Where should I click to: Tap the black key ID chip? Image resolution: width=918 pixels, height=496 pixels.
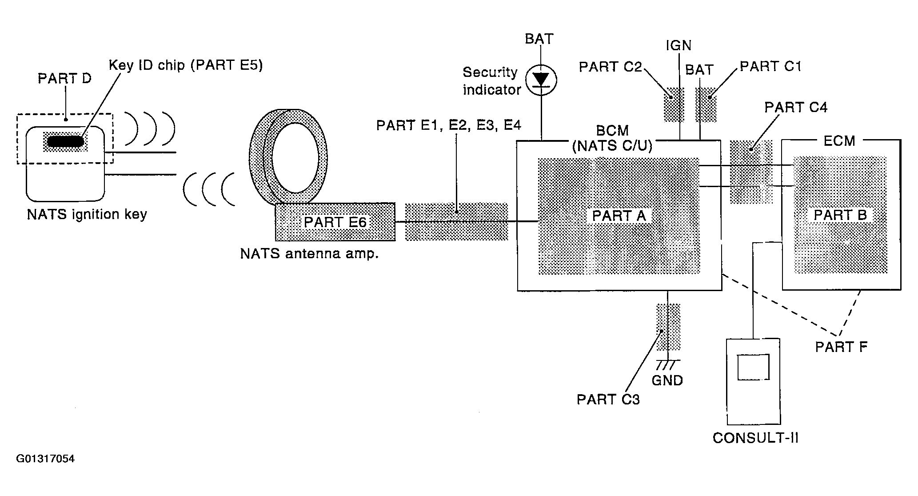pos(65,141)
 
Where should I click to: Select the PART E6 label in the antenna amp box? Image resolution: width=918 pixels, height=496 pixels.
pos(335,222)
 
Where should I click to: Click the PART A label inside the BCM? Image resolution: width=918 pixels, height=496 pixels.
pos(619,216)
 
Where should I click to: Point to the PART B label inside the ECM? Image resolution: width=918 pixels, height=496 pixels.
pos(840,215)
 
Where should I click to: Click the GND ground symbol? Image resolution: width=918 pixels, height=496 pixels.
pos(667,364)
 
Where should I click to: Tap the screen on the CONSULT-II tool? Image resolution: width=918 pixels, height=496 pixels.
pos(753,367)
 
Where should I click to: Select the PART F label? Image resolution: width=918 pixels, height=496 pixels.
pos(841,347)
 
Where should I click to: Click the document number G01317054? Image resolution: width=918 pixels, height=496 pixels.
pos(45,459)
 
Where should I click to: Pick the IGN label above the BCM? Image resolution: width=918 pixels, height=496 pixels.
pos(679,45)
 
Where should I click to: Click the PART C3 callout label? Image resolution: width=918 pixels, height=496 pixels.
pos(608,400)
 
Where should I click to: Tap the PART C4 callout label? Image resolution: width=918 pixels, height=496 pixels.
pos(796,108)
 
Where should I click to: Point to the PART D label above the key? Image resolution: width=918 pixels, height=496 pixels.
pos(64,79)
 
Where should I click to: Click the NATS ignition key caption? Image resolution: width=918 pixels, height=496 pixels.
pos(87,215)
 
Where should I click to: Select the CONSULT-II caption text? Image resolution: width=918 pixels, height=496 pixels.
pos(755,438)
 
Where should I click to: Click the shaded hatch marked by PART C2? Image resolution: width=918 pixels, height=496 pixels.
pos(674,104)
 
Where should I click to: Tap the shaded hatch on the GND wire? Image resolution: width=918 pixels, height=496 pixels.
pos(668,327)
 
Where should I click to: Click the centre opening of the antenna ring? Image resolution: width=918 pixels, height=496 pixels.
pos(295,158)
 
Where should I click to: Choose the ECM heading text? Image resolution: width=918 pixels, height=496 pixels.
pos(839,141)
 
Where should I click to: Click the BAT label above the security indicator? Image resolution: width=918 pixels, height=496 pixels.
pos(539,39)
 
